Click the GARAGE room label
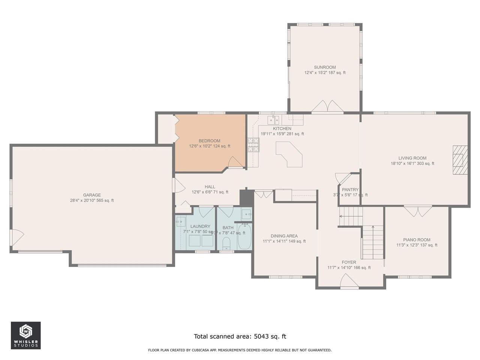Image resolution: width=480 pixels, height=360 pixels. click(92, 195)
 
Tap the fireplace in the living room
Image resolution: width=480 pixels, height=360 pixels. click(460, 160)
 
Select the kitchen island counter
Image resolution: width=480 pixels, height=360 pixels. click(290, 154)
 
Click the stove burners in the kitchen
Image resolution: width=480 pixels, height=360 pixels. click(253, 145)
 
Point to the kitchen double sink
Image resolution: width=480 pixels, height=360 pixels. click(273, 120)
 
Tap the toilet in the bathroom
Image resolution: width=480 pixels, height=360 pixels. click(226, 244)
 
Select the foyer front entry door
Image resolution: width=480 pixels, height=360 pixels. click(349, 281)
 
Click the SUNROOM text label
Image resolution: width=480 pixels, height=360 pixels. click(325, 67)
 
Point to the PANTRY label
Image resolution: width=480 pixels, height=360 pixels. click(350, 190)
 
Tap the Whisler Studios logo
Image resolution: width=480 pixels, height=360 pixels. click(25, 335)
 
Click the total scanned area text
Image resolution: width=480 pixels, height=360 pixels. click(240, 336)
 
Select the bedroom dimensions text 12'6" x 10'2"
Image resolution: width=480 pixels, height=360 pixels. click(210, 146)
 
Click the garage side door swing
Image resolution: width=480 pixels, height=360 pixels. click(17, 237)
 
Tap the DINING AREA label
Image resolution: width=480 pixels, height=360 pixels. click(284, 236)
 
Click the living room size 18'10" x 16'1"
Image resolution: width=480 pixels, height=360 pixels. click(412, 163)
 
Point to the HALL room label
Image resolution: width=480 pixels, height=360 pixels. click(210, 187)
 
